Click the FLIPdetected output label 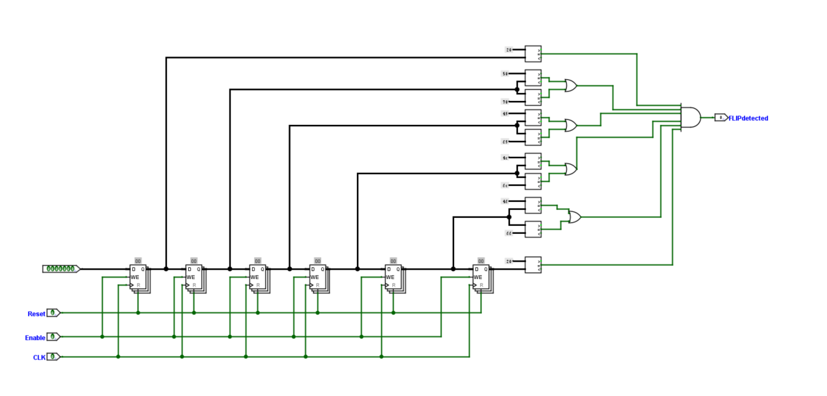tap(749, 118)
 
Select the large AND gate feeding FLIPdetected tap(691, 117)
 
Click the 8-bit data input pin tap(60, 268)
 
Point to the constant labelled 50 tap(505, 74)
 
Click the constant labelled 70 tap(505, 102)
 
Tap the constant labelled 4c tap(505, 158)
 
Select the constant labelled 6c tap(505, 185)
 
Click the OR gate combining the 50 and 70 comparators tap(570, 85)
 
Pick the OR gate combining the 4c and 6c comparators tap(570, 169)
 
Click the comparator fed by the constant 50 tap(533, 77)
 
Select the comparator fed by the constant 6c tap(533, 181)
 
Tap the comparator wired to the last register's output tap(533, 264)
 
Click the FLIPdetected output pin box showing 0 tap(721, 118)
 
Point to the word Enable tap(35, 338)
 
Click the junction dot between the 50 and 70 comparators tap(517, 89)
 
